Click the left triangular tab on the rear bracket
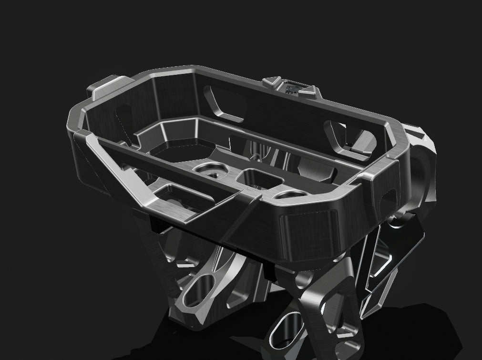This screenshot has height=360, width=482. [271, 82]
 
